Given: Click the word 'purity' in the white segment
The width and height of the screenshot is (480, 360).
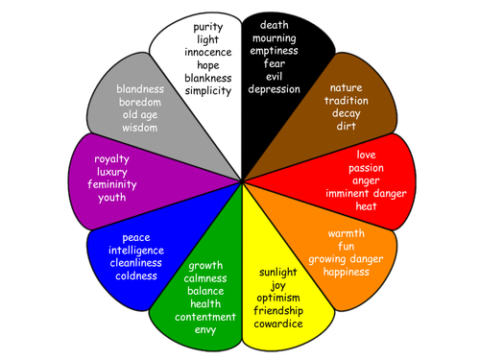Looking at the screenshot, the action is click(x=208, y=28).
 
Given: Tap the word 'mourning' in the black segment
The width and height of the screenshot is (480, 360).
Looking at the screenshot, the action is click(x=275, y=38).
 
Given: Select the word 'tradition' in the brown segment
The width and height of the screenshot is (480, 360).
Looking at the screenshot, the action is click(x=347, y=101).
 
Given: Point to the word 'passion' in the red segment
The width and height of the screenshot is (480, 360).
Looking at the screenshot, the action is click(x=366, y=168).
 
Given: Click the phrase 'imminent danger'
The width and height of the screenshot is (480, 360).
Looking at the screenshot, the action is click(x=366, y=194).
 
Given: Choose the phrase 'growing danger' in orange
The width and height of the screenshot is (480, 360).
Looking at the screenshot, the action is click(x=346, y=259).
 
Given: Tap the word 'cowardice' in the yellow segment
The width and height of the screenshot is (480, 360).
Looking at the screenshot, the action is click(x=278, y=324).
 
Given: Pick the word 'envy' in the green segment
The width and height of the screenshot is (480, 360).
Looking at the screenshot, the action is click(x=205, y=330).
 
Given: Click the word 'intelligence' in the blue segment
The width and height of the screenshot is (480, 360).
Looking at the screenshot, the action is click(x=136, y=251).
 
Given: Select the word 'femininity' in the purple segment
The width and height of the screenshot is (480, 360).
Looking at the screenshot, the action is click(x=112, y=184).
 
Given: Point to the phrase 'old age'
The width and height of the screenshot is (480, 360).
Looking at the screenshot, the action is click(x=140, y=115).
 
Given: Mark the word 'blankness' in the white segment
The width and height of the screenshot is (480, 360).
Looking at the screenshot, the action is click(x=208, y=78).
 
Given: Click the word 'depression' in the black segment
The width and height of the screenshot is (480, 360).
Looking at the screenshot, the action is click(x=275, y=89).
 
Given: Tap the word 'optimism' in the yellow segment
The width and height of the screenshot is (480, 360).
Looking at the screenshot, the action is click(x=278, y=298).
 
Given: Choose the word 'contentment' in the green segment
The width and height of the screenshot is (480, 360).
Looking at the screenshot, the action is click(x=205, y=317).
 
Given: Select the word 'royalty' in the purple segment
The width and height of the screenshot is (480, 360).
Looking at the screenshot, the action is click(x=111, y=159).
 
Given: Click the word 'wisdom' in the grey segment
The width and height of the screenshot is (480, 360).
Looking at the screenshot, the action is click(x=140, y=128).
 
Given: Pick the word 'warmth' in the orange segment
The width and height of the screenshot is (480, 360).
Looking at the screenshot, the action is click(x=347, y=233).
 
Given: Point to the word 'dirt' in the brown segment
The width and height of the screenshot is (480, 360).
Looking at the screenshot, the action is click(x=347, y=126).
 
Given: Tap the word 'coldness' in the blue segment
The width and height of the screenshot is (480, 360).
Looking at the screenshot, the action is click(x=136, y=276).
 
